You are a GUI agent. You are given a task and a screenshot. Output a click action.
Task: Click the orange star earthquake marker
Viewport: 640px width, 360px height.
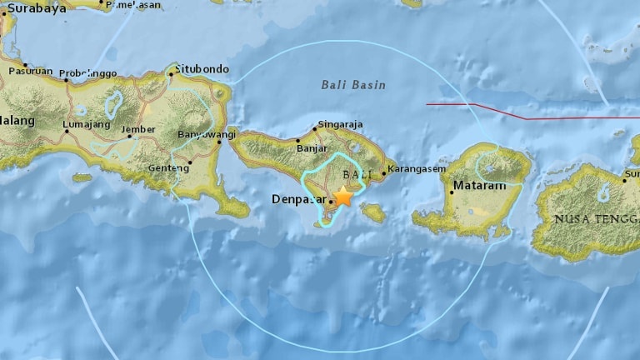click(342, 197)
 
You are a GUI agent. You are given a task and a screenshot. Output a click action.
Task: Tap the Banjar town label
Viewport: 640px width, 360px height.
click(312, 149)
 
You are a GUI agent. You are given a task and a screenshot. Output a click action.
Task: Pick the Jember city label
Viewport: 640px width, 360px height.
click(138, 129)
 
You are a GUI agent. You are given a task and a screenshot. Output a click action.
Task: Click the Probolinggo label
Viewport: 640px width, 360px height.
click(93, 74)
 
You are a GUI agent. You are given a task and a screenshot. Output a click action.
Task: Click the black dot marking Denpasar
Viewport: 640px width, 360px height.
click(331, 200)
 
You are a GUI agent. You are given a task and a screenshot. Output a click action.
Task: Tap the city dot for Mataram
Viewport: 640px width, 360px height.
click(451, 192)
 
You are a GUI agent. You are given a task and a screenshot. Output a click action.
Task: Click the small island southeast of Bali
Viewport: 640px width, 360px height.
click(373, 213)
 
